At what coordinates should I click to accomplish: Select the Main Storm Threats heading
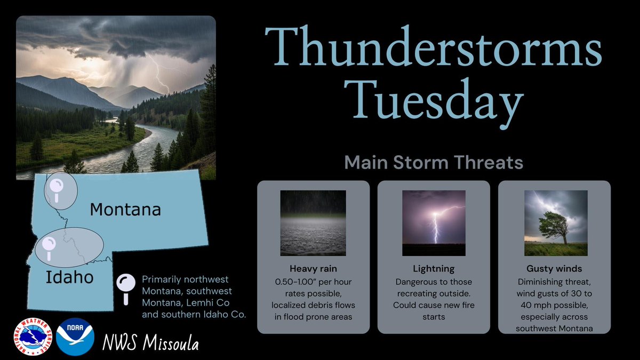pos(433,163)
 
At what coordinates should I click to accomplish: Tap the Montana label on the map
pos(125,210)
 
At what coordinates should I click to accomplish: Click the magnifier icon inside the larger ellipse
pos(50,246)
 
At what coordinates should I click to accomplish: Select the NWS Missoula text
pos(151,344)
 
